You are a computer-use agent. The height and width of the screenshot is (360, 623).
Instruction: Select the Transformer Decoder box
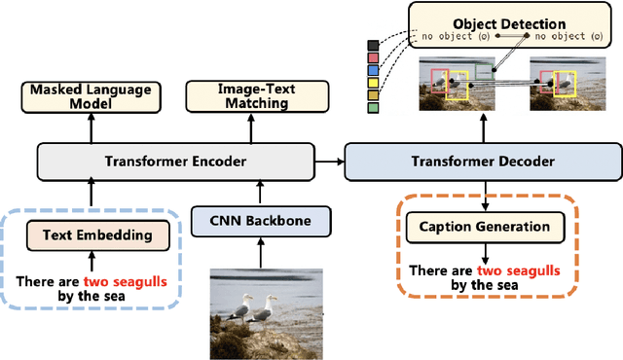[484, 162]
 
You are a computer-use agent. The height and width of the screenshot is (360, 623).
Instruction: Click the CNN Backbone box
[260, 221]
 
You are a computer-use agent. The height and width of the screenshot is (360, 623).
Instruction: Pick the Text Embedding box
[91, 234]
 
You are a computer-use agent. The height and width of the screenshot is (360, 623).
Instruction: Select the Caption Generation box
[484, 228]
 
